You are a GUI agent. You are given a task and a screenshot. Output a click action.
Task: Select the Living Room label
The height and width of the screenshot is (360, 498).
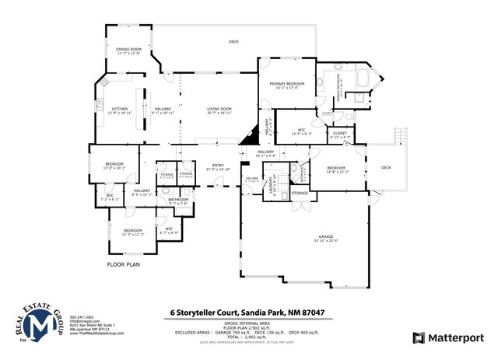219,110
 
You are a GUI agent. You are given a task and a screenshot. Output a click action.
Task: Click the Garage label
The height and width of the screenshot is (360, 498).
324,238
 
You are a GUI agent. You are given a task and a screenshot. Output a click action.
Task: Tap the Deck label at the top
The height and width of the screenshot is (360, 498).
233,41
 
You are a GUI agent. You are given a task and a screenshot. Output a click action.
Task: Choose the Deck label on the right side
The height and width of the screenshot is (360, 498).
386,168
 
